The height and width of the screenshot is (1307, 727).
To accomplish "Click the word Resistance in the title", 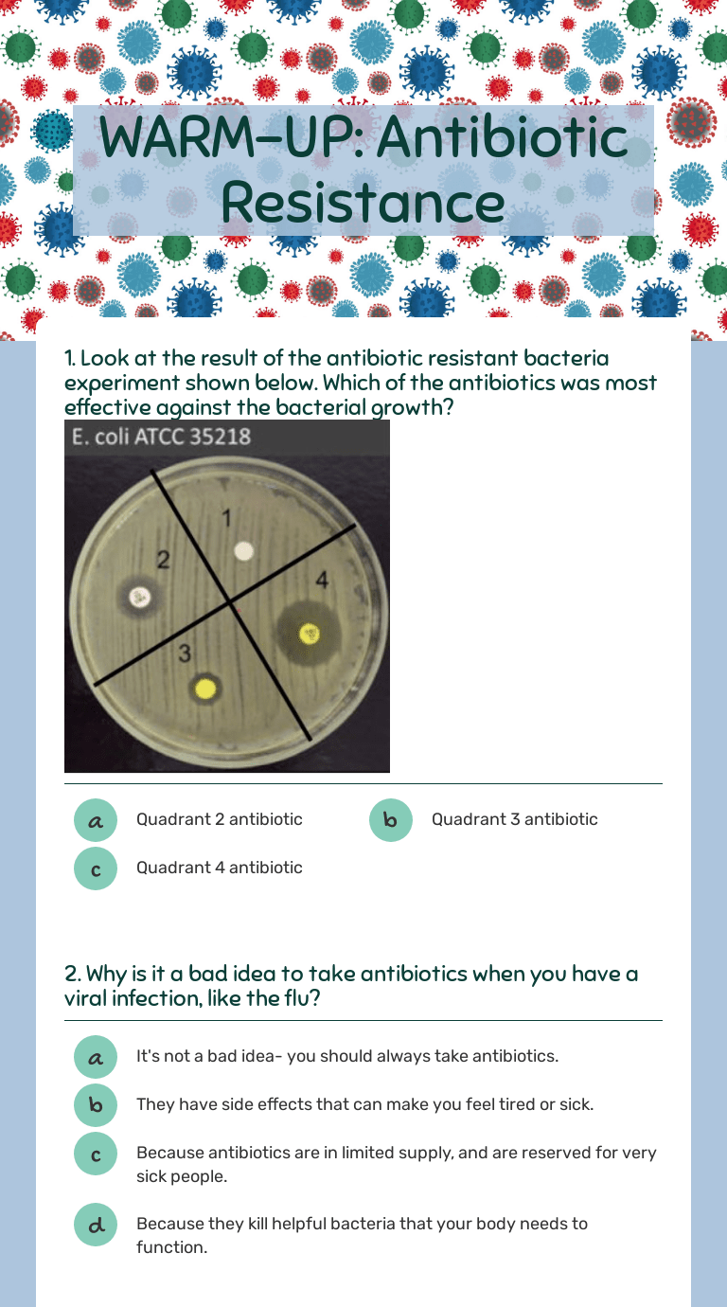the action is [363, 203].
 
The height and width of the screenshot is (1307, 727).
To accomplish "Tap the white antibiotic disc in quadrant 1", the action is [243, 551].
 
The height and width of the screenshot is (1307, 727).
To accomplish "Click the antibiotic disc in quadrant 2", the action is [139, 598].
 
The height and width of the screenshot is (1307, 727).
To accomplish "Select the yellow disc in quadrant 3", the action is [205, 689].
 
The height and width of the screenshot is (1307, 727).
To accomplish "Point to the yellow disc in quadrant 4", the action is [309, 634].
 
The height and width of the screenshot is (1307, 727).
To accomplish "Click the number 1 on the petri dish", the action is [227, 518].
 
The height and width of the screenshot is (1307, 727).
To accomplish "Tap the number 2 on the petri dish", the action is [163, 560].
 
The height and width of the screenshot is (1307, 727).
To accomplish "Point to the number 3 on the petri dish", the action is [185, 653].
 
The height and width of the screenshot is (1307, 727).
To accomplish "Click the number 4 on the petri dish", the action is [322, 580].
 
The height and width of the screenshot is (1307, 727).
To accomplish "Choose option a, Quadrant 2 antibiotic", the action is [96, 820].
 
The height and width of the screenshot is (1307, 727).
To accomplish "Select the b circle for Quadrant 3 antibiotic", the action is [391, 820].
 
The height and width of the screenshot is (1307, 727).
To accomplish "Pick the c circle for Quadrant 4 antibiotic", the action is [96, 868].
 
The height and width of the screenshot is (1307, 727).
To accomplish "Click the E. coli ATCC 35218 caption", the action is [162, 437].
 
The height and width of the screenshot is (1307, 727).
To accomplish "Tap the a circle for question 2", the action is [96, 1057].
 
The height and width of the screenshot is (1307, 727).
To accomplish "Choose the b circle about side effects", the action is [96, 1104].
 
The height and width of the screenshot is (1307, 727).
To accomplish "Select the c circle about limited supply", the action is [96, 1155].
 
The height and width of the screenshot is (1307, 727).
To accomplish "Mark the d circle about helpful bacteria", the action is [96, 1225].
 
